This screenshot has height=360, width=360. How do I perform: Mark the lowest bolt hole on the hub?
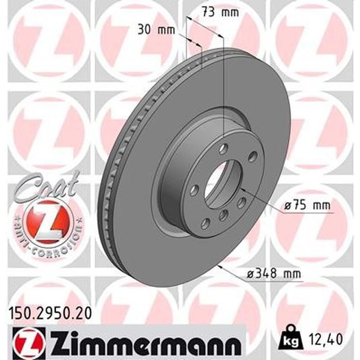(x=205, y=222)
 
